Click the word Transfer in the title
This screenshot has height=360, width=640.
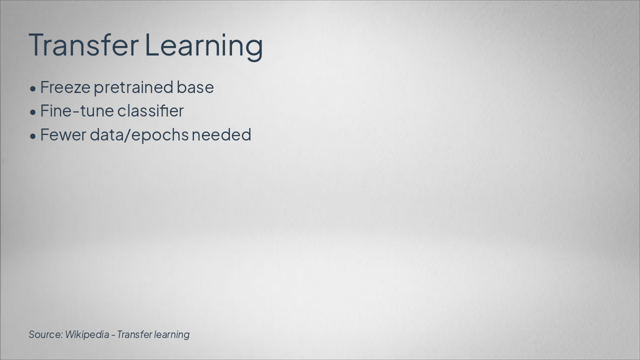coord(83,44)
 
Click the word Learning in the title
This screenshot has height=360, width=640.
coord(203,44)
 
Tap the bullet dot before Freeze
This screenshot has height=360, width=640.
coord(33,88)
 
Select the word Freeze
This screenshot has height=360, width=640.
coord(65,87)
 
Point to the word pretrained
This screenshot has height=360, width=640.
coord(133,87)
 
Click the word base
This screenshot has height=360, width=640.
coord(195,87)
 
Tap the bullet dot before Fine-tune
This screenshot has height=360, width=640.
coord(33,112)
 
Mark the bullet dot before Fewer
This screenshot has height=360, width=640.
coord(33,136)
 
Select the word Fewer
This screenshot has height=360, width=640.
coord(63,134)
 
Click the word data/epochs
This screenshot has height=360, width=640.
coord(139,135)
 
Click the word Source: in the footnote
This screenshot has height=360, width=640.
coord(45,334)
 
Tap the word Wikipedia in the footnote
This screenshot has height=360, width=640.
coord(86,334)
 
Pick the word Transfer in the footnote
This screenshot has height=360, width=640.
coord(134,334)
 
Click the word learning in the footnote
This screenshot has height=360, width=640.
coord(172,334)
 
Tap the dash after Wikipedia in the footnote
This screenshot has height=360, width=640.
coord(113,334)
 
